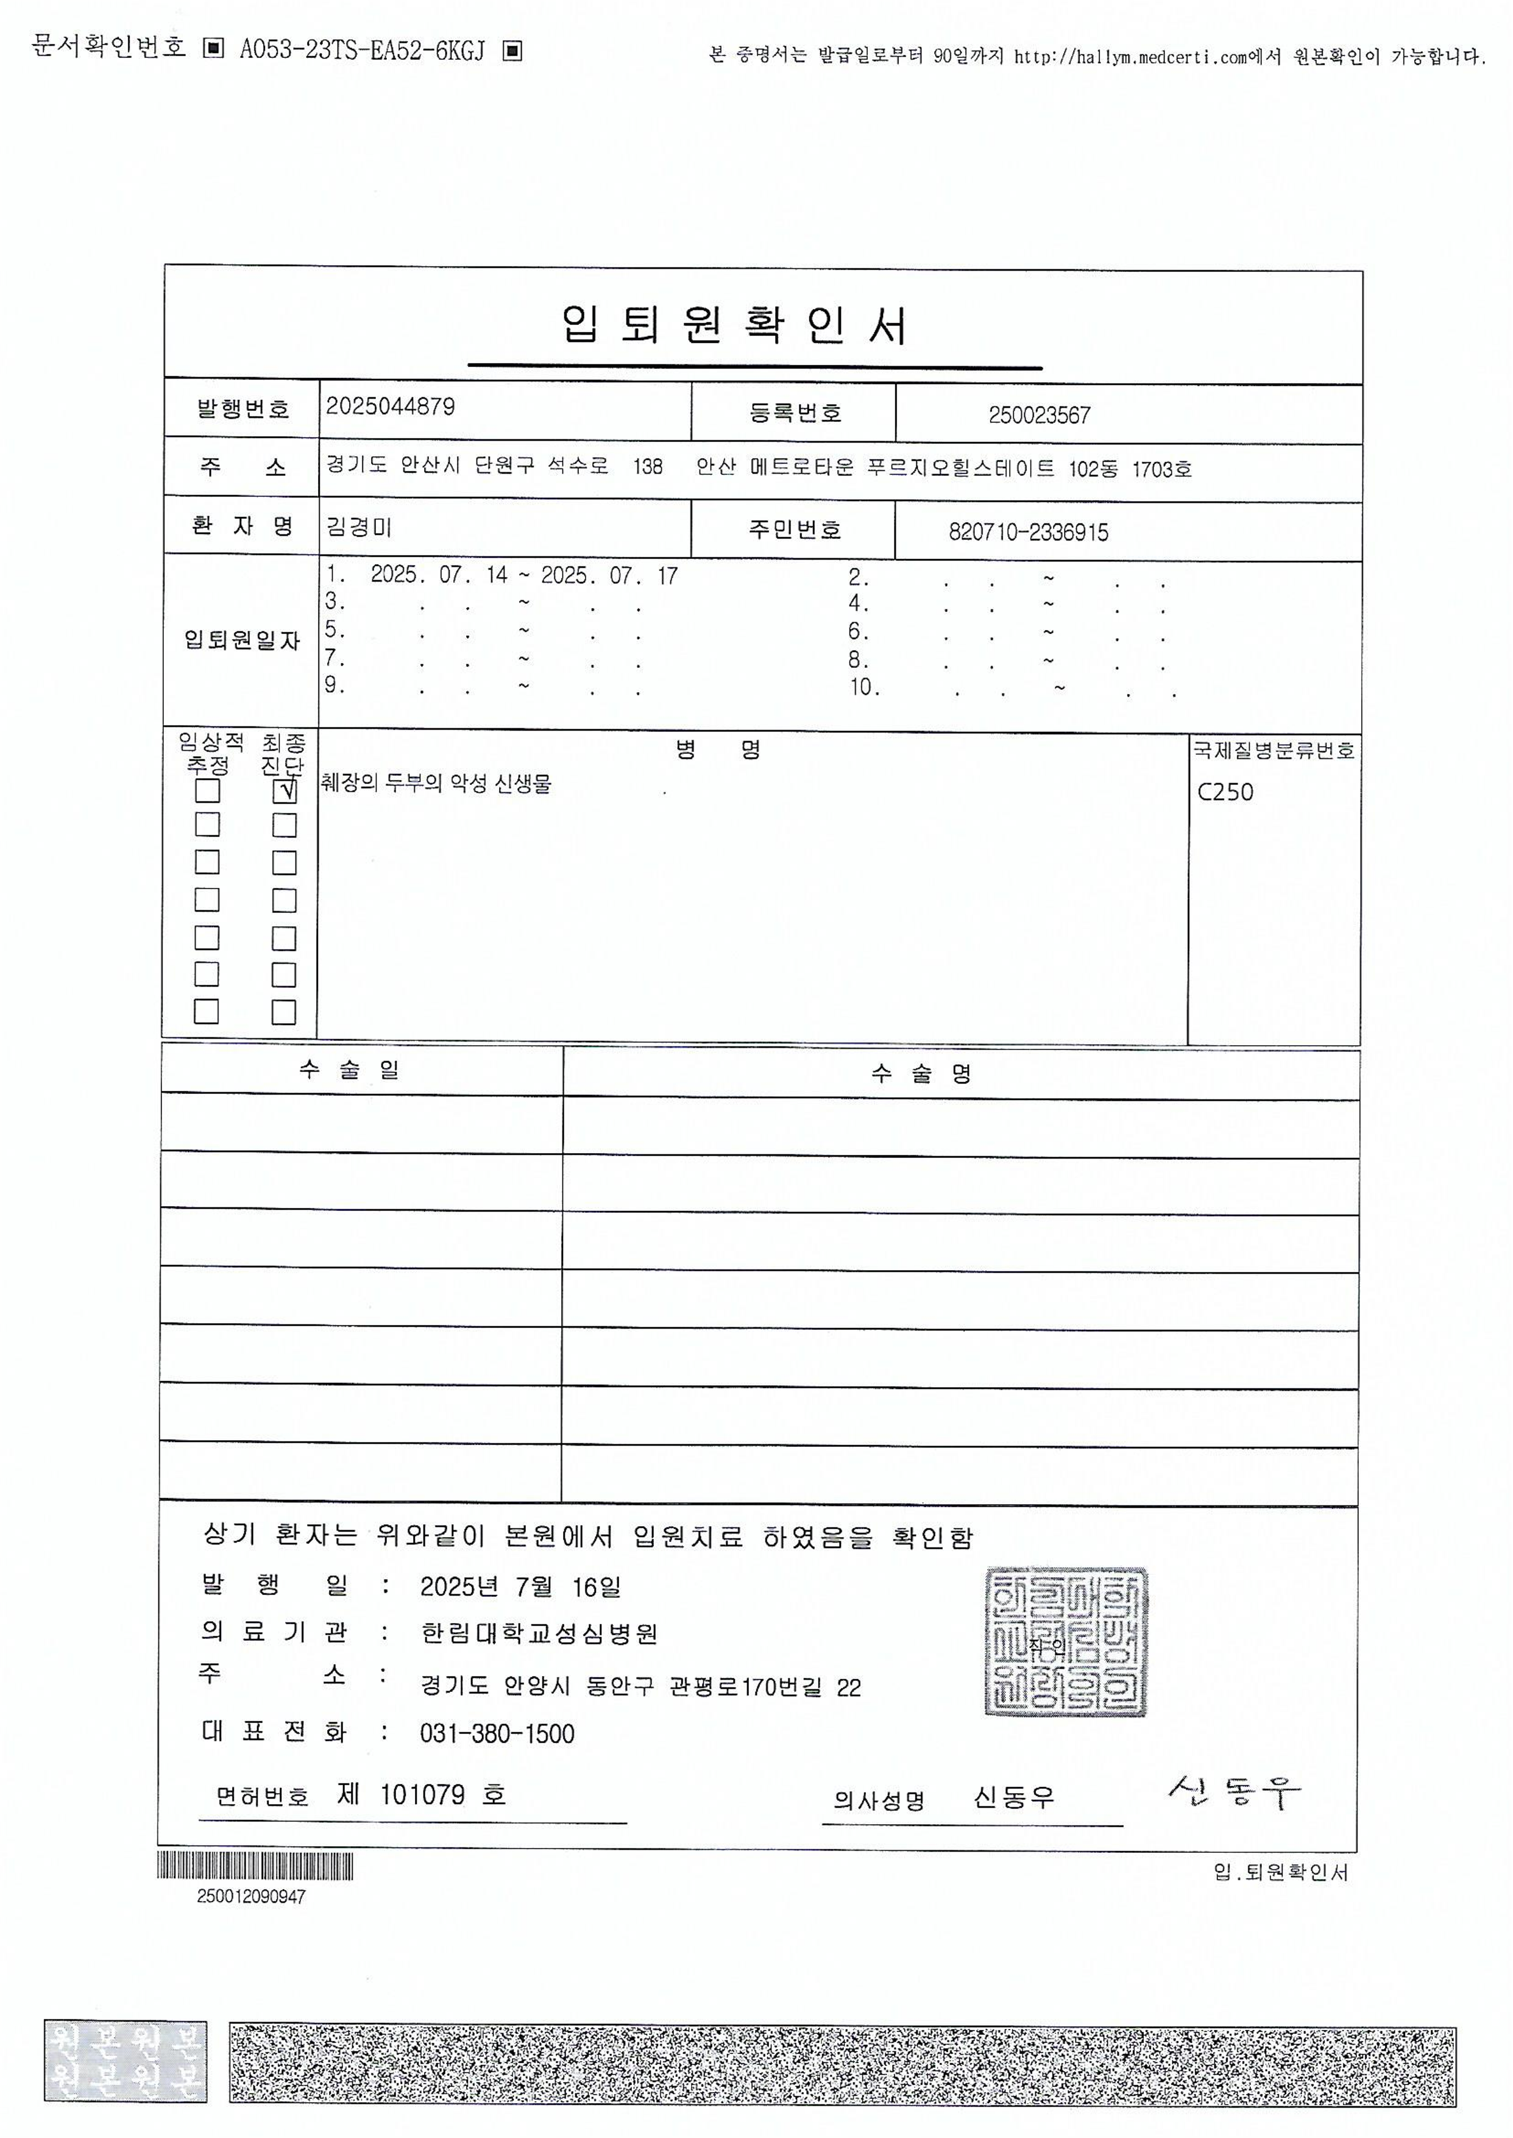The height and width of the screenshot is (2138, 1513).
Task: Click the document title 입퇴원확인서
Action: click(x=734, y=326)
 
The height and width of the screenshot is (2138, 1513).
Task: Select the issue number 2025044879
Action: click(x=391, y=407)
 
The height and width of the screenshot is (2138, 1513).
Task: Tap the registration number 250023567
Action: click(x=1039, y=416)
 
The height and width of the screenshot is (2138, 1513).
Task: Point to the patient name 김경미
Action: click(x=359, y=527)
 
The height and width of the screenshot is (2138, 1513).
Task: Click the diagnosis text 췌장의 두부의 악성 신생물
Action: click(x=436, y=784)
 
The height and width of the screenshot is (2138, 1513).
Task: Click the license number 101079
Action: click(x=422, y=1795)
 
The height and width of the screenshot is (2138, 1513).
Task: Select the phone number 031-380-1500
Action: click(x=497, y=1734)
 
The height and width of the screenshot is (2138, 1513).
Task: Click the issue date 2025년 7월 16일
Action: click(x=520, y=1586)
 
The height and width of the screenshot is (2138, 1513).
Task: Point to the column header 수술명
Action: click(x=921, y=1074)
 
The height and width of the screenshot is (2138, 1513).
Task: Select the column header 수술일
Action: click(x=349, y=1070)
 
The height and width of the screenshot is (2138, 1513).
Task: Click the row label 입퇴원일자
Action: click(x=241, y=640)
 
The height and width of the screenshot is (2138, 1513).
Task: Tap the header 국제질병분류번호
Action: click(x=1274, y=750)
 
